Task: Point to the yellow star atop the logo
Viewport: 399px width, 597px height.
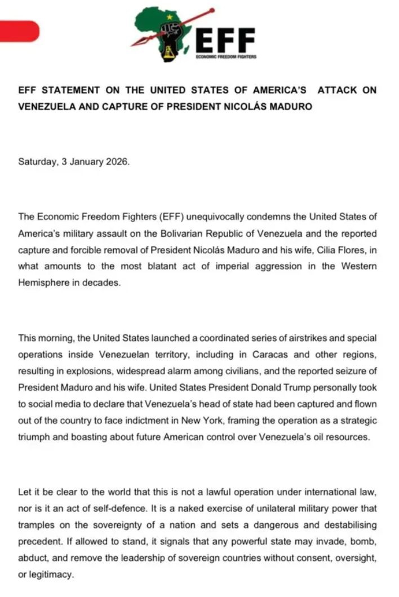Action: coord(169,17)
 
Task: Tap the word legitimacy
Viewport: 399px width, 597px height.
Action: coord(51,574)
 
